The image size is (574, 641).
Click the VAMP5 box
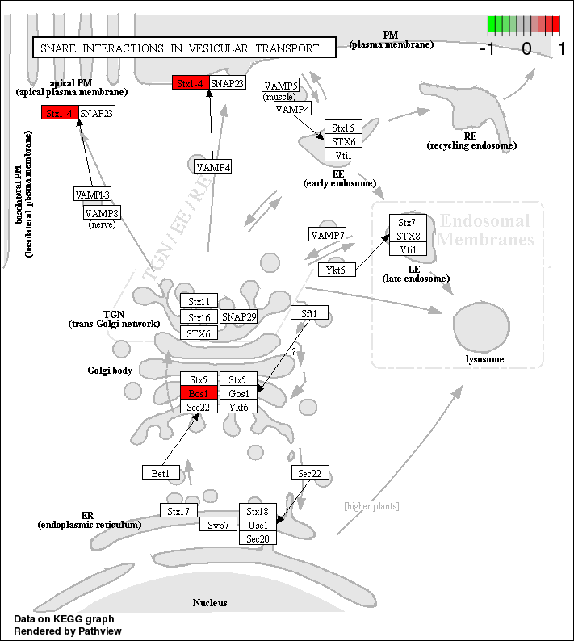281,86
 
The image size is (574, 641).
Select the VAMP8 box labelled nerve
102,212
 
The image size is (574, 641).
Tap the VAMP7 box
328,235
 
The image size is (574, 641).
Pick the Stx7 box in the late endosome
408,221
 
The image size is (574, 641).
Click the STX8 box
408,236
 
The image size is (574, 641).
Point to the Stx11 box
199,301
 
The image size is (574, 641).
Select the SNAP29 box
238,317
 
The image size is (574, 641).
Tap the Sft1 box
309,312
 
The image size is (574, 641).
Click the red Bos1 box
199,393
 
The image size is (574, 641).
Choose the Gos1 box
238,393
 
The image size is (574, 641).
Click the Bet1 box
160,473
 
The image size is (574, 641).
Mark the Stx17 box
178,510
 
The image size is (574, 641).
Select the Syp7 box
218,525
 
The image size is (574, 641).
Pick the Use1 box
258,525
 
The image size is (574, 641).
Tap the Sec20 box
258,538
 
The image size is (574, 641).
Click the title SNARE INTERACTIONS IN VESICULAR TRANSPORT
179,48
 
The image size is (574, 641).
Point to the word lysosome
484,359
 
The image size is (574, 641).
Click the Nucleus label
210,603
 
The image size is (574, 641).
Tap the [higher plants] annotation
371,506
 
